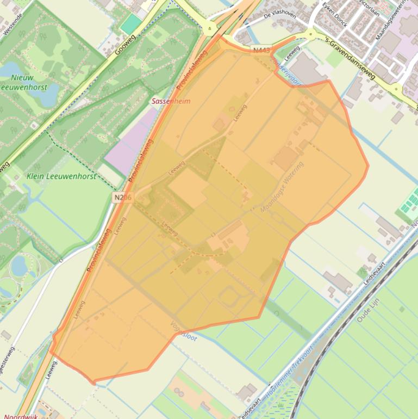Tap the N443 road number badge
261,51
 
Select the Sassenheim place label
171,101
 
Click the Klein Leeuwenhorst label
61,176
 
